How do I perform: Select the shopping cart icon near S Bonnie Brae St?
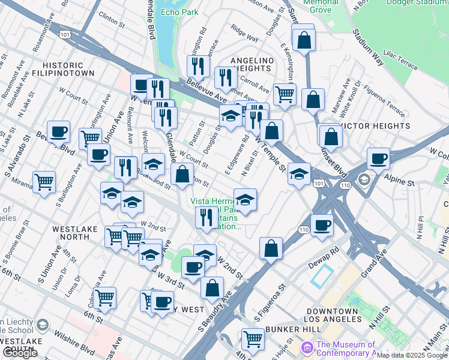coord(44,181)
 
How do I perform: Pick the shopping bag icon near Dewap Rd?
coord(271,247)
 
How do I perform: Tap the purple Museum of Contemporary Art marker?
coord(307,347)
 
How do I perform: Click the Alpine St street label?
coord(403,181)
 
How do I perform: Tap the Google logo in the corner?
coord(19,353)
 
